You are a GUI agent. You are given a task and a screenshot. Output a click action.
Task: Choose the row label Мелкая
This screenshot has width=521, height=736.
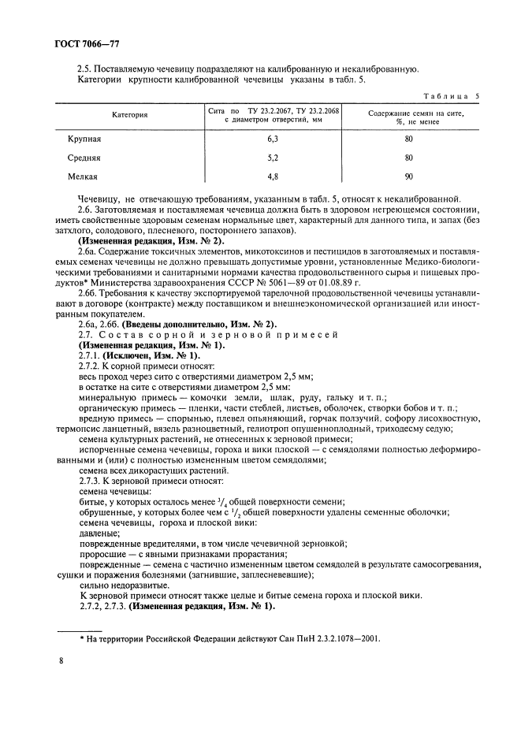pyautogui.click(x=83, y=177)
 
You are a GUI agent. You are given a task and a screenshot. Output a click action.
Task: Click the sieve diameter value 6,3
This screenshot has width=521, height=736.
pyautogui.click(x=274, y=139)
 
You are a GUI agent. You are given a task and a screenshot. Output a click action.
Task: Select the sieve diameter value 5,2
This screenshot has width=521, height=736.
pyautogui.click(x=274, y=158)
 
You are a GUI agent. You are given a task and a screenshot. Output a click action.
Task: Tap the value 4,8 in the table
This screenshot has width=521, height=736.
pyautogui.click(x=274, y=177)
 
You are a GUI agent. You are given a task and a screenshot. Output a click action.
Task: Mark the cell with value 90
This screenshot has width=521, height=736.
pyautogui.click(x=408, y=177)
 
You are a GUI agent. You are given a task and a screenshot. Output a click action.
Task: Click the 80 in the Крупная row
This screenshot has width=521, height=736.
pyautogui.click(x=408, y=139)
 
